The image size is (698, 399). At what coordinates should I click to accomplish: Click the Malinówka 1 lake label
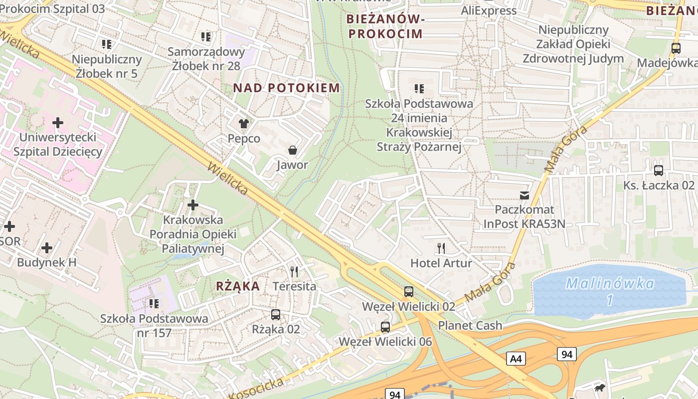(610, 291)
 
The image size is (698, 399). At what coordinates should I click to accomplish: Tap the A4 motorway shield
(516, 358)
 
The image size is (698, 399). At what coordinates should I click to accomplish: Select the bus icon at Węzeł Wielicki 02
(409, 292)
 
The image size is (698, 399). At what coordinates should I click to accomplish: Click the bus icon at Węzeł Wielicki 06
(385, 327)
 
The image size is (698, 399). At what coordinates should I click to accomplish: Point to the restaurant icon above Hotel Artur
(441, 248)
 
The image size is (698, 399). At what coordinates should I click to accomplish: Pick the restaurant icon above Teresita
(294, 272)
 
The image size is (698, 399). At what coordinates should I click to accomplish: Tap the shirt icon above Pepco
(243, 123)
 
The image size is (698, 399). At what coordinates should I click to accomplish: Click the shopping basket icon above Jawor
(292, 150)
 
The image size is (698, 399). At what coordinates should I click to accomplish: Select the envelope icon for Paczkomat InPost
(524, 195)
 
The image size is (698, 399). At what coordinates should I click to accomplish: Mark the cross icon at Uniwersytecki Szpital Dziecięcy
(58, 122)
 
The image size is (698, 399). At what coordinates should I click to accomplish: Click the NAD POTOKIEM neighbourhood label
(287, 88)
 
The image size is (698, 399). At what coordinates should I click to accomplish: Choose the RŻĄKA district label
(238, 286)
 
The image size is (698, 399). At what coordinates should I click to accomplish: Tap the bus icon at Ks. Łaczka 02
(659, 171)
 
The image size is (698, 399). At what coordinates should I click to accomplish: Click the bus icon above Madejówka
(676, 48)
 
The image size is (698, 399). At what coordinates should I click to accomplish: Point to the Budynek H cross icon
(47, 248)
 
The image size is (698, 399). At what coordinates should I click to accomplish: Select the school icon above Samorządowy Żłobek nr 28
(206, 37)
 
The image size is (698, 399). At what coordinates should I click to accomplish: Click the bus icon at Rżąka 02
(276, 315)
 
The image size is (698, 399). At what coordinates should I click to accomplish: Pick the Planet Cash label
(470, 325)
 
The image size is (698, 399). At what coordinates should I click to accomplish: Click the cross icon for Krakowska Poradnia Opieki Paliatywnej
(193, 205)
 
